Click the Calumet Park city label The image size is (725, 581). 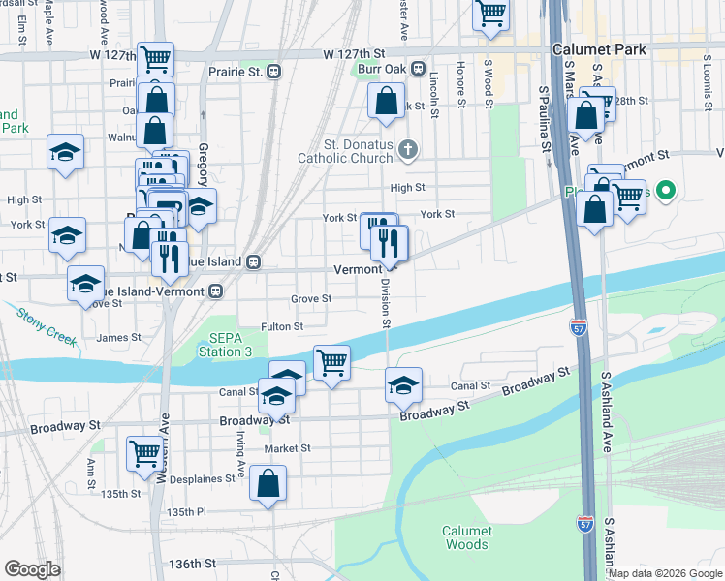(x=593, y=46)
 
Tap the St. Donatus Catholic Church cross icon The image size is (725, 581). (x=409, y=148)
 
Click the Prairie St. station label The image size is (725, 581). (x=236, y=71)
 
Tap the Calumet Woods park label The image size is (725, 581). (x=467, y=537)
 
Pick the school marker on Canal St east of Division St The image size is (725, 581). (x=403, y=384)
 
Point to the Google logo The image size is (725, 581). (x=32, y=569)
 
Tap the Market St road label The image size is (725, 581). (x=291, y=448)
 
